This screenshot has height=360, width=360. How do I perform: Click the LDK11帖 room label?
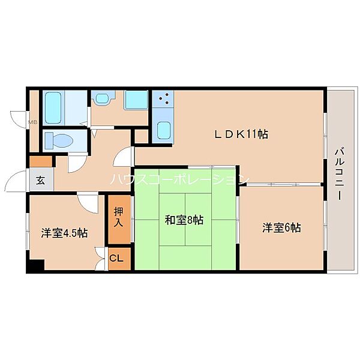[x=241, y=134]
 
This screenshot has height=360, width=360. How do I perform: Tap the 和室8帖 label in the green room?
[x=184, y=220]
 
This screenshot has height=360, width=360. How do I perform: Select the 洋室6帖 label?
[x=281, y=227]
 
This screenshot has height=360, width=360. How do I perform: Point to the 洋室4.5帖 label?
[x=64, y=233]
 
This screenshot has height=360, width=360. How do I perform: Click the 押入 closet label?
[x=119, y=217]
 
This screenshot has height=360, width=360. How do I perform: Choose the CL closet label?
[x=116, y=259]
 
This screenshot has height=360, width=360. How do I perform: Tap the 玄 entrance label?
[x=41, y=181]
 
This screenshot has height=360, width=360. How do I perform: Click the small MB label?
[x=33, y=122]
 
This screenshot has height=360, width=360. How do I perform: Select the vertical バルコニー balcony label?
[x=340, y=175]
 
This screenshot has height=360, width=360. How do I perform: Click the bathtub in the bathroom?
[x=53, y=108]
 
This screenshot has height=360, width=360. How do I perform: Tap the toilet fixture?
[x=59, y=140]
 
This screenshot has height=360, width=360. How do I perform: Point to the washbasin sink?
[x=103, y=99]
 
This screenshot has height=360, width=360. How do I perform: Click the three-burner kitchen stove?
[x=163, y=99]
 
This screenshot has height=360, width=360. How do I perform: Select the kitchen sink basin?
[x=164, y=130]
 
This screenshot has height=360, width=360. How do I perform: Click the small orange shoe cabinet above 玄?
[x=41, y=161]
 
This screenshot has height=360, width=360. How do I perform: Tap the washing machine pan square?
[x=136, y=100]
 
